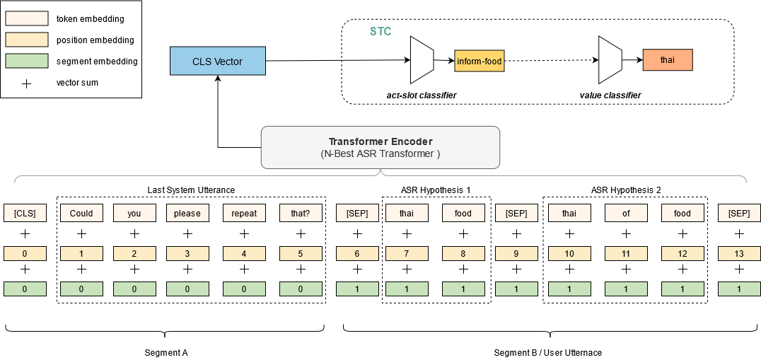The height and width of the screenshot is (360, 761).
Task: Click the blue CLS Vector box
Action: (217, 61)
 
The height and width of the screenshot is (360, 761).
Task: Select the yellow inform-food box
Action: (478, 62)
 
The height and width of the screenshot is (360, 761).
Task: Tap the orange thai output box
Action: (667, 60)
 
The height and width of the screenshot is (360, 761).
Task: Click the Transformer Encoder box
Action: (380, 147)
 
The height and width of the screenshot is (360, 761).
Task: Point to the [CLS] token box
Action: (25, 213)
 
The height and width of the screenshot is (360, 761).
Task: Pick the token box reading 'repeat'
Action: (244, 213)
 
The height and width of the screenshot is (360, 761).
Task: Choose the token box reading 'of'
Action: (626, 213)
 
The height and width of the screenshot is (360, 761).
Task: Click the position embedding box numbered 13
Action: (739, 252)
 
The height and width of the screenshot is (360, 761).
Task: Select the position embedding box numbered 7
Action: (407, 252)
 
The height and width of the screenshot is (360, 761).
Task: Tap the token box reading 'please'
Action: (187, 213)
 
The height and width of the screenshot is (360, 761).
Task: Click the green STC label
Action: (380, 32)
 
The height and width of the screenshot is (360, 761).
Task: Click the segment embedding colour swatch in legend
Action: (26, 61)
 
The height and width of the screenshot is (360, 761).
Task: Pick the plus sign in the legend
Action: (26, 83)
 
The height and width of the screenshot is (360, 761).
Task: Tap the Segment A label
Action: (165, 352)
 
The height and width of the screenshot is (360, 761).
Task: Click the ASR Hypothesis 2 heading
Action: (625, 190)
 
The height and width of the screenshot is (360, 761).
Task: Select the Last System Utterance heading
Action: (191, 190)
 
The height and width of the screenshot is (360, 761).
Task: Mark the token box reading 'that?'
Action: (301, 213)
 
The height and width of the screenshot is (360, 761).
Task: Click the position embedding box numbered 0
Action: (25, 252)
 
